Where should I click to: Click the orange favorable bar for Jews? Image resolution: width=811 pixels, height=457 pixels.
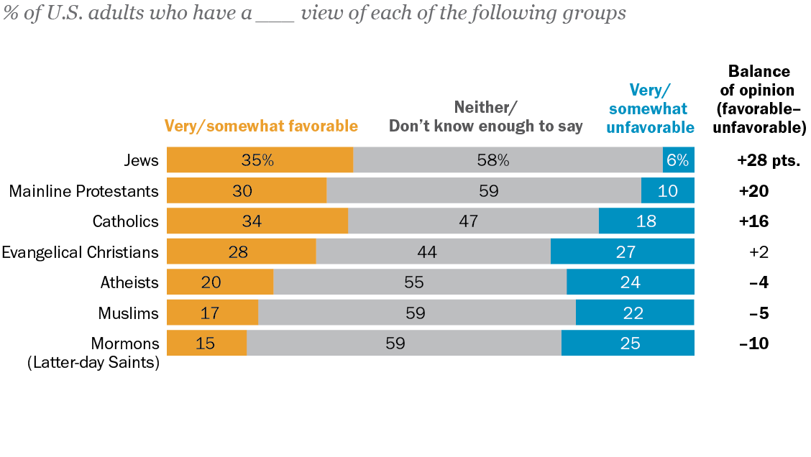pyautogui.click(x=260, y=160)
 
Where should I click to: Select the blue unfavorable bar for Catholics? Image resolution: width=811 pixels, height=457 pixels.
pyautogui.click(x=646, y=221)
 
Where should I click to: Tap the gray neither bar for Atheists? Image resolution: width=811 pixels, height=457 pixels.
pyautogui.click(x=420, y=282)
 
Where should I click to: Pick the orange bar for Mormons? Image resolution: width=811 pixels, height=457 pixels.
pyautogui.click(x=206, y=343)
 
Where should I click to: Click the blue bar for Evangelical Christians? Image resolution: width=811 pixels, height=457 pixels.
pyautogui.click(x=623, y=251)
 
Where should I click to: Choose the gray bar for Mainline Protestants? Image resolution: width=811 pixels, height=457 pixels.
pyautogui.click(x=484, y=191)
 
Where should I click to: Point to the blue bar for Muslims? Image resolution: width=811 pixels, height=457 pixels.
pyautogui.click(x=635, y=313)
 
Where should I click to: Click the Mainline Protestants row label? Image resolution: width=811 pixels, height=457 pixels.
pyautogui.click(x=83, y=191)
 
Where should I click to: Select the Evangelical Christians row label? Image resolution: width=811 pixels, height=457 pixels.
pyautogui.click(x=80, y=252)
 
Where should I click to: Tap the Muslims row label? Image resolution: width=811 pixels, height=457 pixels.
pyautogui.click(x=128, y=313)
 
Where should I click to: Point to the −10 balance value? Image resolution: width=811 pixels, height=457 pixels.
pyautogui.click(x=753, y=343)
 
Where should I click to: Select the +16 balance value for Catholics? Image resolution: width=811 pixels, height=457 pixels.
pyautogui.click(x=753, y=221)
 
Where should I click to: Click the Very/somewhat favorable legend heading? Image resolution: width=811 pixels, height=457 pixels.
pyautogui.click(x=261, y=126)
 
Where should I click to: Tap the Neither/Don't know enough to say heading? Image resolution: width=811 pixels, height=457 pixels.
pyautogui.click(x=485, y=117)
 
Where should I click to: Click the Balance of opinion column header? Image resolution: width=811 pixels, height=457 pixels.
pyautogui.click(x=759, y=99)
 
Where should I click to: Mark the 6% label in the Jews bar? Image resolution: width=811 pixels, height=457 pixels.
pyautogui.click(x=677, y=160)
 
